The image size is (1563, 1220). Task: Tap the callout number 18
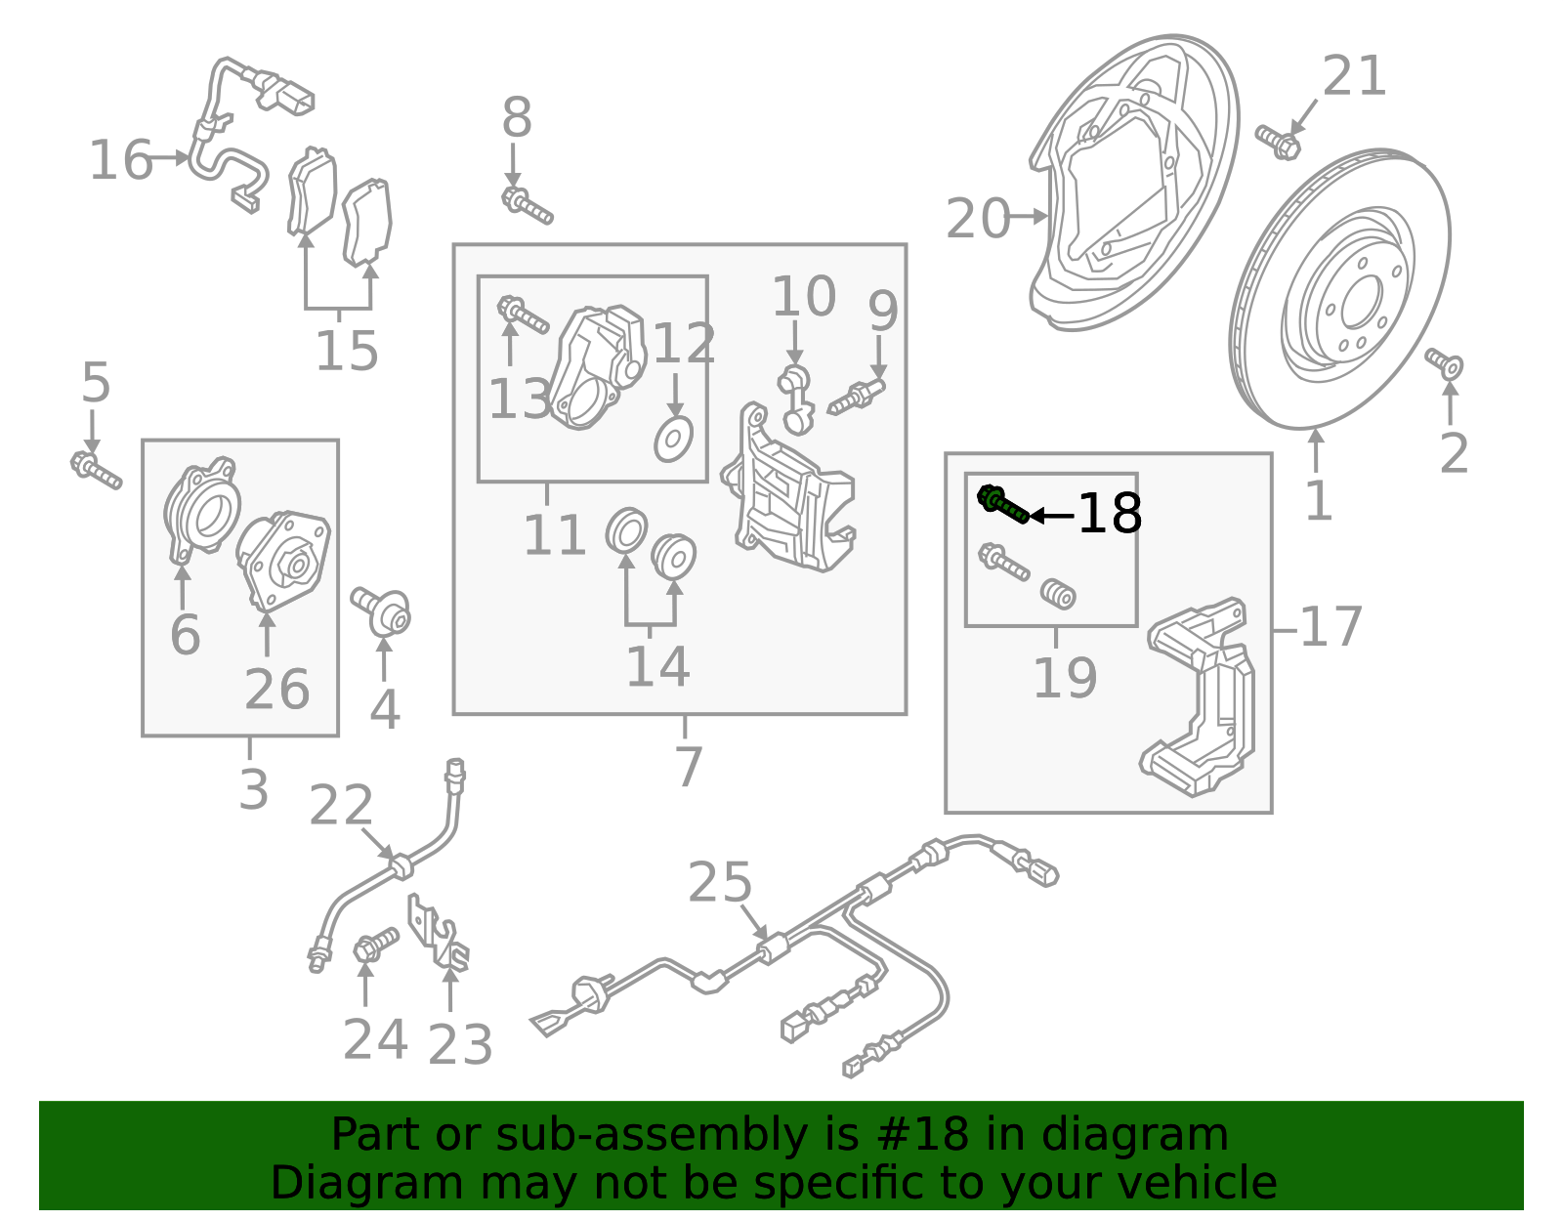click(1110, 514)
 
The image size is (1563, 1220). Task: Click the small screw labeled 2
click(1445, 364)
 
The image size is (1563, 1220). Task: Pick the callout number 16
click(120, 160)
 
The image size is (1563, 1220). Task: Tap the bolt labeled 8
click(527, 206)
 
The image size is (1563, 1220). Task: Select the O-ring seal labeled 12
click(673, 441)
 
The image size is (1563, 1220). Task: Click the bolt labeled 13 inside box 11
click(523, 316)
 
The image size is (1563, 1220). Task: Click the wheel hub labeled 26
click(283, 562)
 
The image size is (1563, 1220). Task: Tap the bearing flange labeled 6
click(201, 513)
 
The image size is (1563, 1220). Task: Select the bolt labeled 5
click(95, 470)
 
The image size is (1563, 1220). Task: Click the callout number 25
click(720, 883)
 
